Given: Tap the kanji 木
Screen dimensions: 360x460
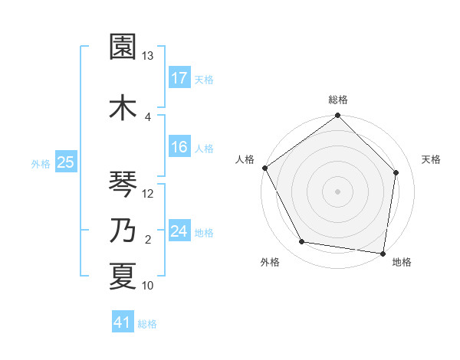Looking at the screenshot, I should (123, 106).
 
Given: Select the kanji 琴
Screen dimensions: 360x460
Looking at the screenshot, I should (123, 183).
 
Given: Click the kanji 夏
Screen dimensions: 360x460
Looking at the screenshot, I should (123, 276).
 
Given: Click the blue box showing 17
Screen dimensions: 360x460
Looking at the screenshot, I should (179, 77).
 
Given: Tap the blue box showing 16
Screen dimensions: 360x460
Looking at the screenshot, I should (179, 147).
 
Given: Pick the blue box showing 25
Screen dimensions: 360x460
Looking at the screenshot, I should (65, 162).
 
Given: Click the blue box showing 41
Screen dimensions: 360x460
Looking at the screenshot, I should (123, 322).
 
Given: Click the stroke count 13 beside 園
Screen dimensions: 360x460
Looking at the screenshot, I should (148, 56).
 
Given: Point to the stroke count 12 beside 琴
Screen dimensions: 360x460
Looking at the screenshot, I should (148, 193).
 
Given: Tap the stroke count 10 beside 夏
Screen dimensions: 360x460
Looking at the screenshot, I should (148, 286).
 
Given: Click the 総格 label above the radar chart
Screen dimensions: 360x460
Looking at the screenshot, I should (338, 100).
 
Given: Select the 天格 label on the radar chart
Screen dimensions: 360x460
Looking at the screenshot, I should (431, 159).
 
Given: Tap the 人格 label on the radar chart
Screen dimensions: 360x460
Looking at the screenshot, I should (245, 159).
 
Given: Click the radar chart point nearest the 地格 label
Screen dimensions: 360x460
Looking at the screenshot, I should (383, 253).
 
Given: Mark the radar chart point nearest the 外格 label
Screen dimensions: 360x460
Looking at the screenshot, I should (301, 242).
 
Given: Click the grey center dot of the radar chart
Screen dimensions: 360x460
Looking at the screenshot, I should (338, 191).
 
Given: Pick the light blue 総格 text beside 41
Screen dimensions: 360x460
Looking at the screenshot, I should (147, 324).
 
